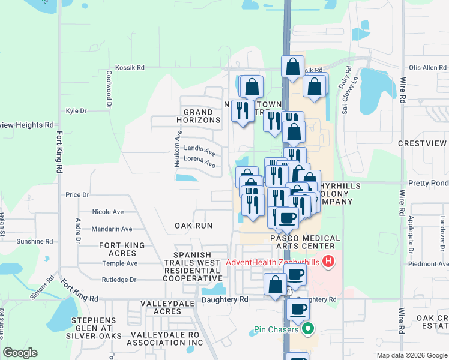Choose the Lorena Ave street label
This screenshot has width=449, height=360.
tap(199, 162)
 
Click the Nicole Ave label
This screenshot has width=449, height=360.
tap(108, 212)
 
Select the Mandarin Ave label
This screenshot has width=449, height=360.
tap(112, 229)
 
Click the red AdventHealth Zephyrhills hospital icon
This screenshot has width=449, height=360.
tap(328, 262)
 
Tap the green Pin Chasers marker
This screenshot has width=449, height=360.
tap(308, 329)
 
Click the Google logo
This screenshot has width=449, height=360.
tap(20, 353)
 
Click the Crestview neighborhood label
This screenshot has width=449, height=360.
tap(423, 144)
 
